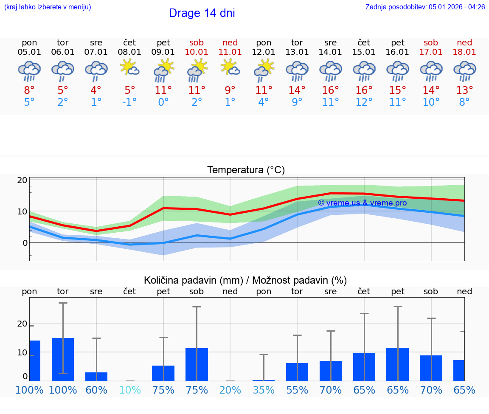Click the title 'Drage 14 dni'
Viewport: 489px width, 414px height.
202,13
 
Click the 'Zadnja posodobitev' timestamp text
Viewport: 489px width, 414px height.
425,7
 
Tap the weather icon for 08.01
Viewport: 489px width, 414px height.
130,68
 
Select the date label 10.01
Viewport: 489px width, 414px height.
197,52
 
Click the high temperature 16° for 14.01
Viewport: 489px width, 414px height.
330,90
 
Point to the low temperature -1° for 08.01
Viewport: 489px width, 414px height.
130,102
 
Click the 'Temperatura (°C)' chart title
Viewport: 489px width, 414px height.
246,170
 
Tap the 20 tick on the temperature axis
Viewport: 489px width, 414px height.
22,180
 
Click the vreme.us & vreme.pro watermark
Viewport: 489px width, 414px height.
362,203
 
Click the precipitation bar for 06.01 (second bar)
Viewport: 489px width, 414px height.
63,359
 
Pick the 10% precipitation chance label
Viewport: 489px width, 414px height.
130,390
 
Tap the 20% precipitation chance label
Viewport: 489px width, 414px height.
230,390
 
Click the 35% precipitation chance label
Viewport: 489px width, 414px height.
264,390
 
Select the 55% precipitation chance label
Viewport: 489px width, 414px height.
297,390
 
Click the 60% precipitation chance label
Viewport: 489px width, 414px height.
96,390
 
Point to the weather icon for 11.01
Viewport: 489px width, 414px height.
230,68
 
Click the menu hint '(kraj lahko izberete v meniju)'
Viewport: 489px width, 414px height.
47,7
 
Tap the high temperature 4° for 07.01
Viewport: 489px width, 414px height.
96,90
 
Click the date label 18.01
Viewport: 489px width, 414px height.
464,52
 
